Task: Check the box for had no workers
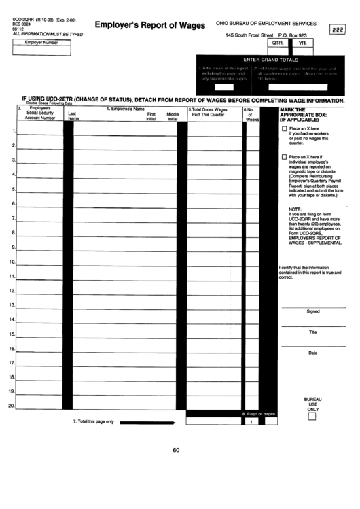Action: (284, 128)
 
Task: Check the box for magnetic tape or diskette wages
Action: (284, 157)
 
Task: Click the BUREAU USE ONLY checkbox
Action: (312, 418)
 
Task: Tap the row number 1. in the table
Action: (14, 130)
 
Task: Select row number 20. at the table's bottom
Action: (12, 406)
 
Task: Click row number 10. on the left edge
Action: (12, 262)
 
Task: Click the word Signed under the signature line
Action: (313, 312)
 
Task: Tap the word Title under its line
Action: (313, 331)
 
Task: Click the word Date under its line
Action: (313, 353)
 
